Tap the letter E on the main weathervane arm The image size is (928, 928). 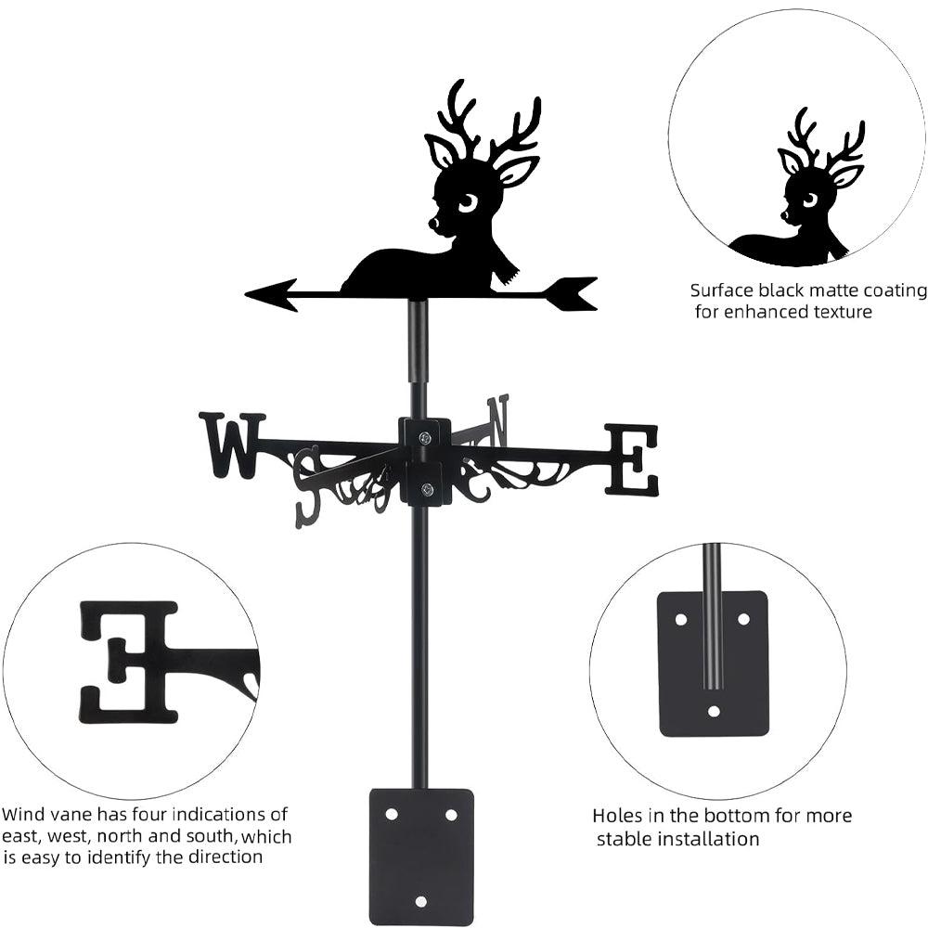coord(631,458)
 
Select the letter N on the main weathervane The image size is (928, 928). coord(497,420)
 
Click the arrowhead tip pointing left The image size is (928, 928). coord(246,293)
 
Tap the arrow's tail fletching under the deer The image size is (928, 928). coord(571,293)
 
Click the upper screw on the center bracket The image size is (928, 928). coord(424,438)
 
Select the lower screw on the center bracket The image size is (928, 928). coord(426,489)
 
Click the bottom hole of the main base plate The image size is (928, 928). coord(420,901)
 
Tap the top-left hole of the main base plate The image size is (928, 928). coord(391,815)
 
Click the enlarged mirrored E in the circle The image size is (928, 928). coord(129,663)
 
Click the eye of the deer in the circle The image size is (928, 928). coord(809,201)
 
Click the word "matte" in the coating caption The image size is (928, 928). coord(826,290)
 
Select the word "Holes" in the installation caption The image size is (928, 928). coord(617,816)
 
